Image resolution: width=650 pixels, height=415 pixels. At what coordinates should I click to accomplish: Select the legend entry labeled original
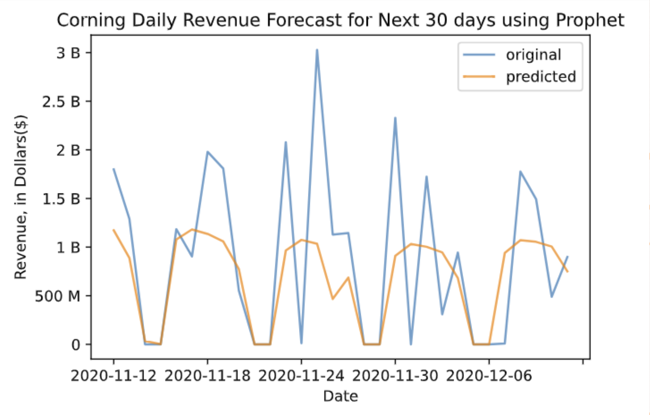point(533,55)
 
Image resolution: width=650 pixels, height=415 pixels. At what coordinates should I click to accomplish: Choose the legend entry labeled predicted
point(540,77)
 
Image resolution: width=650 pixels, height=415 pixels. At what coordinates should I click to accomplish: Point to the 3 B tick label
point(68,53)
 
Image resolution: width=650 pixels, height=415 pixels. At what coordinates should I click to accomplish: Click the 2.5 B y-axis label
point(61,102)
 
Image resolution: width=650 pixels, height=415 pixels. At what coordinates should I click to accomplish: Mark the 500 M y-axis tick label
point(57,296)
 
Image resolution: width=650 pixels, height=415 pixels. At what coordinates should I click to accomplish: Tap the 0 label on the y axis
point(76,345)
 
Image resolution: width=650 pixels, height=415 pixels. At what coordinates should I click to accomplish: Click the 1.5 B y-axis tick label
point(61,199)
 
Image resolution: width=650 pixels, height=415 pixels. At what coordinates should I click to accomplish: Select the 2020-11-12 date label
point(113,376)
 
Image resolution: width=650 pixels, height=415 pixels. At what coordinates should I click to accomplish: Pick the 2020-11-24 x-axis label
point(301,376)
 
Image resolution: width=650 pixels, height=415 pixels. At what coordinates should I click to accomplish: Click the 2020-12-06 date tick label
point(489,376)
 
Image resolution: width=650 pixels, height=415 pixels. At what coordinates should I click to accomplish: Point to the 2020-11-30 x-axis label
point(395,376)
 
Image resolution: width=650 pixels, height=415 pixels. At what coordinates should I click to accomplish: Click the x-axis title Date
point(340,396)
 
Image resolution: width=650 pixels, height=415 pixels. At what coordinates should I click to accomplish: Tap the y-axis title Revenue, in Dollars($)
point(20,196)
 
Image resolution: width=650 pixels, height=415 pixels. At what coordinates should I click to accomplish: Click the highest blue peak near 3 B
point(317,50)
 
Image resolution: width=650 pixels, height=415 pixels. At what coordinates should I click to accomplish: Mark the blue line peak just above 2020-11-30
point(395,118)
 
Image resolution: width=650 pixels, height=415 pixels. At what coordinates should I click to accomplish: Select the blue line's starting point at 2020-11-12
point(113,169)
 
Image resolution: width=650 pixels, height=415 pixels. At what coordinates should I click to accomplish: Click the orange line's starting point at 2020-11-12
point(113,230)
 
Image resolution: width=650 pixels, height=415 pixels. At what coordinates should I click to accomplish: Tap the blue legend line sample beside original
point(479,55)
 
